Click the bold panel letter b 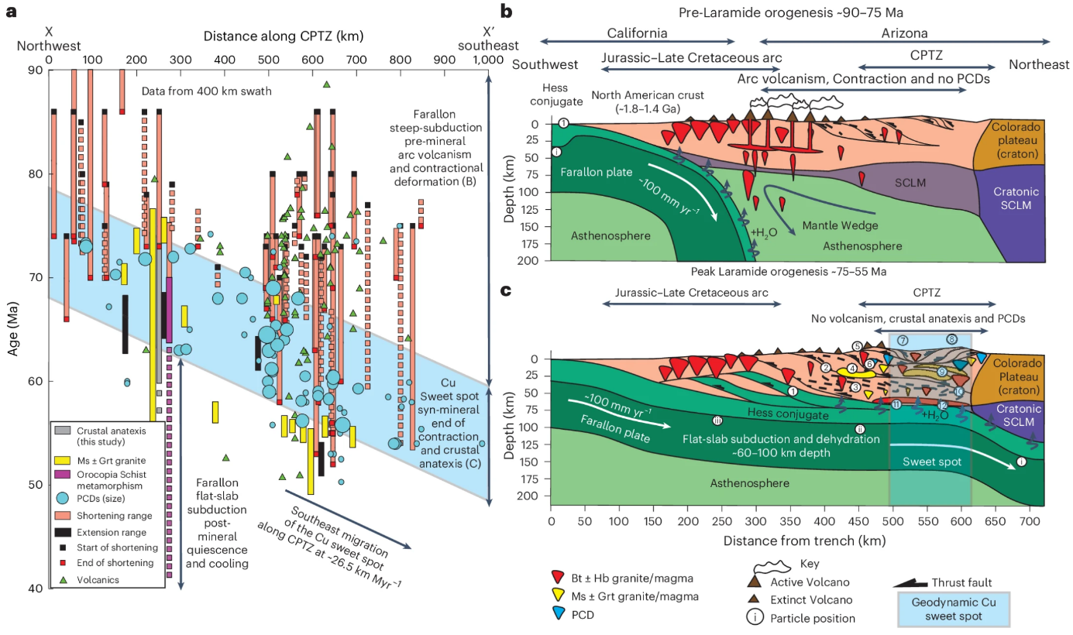click(x=507, y=12)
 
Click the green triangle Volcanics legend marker click(x=63, y=577)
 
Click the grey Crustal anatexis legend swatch click(x=63, y=430)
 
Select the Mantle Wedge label click(x=834, y=226)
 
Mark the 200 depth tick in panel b click(x=531, y=261)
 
